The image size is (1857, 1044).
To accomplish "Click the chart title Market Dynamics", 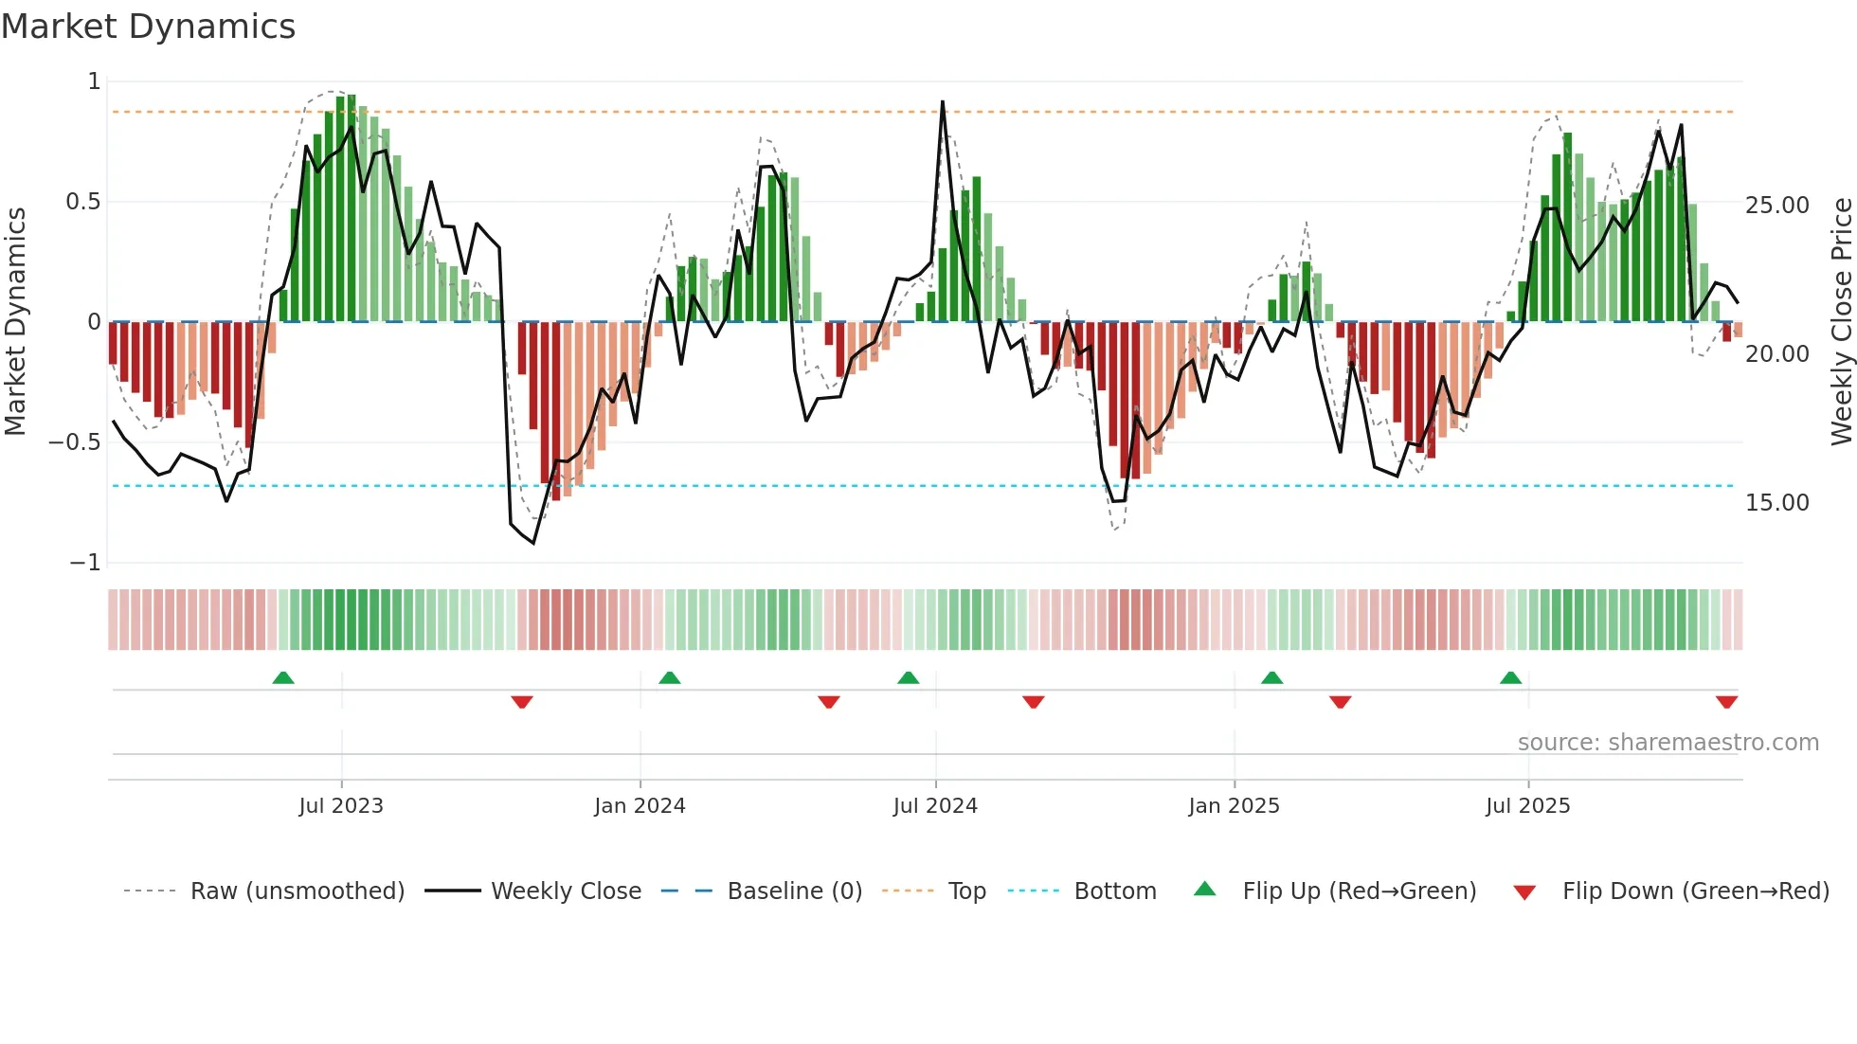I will pyautogui.click(x=148, y=27).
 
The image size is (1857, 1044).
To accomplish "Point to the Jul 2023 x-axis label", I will pyautogui.click(x=341, y=806).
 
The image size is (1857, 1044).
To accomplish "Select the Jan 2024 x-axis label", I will pyautogui.click(x=640, y=806).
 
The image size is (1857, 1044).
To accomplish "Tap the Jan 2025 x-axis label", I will pyautogui.click(x=1234, y=806).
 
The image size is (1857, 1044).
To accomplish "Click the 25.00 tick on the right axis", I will pyautogui.click(x=1776, y=206).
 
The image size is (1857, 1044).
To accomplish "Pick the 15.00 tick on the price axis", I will pyautogui.click(x=1776, y=503).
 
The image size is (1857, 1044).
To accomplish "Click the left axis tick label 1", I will pyautogui.click(x=94, y=81).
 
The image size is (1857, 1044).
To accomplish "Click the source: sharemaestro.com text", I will pyautogui.click(x=1668, y=743).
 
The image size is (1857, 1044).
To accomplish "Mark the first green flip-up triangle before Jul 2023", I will pyautogui.click(x=283, y=677).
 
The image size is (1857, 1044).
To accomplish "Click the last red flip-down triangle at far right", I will pyautogui.click(x=1726, y=702).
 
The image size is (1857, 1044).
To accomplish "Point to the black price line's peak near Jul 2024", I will pyautogui.click(x=942, y=102).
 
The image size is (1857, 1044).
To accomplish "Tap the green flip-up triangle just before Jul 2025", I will pyautogui.click(x=1510, y=677).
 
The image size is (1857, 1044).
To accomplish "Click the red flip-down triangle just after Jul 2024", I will pyautogui.click(x=1033, y=702).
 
